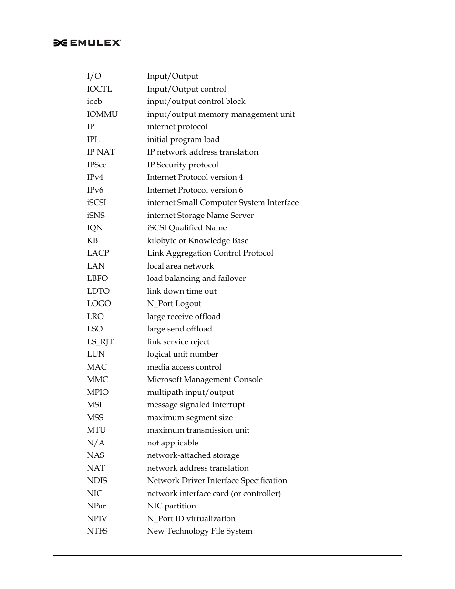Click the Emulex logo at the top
point(87,43)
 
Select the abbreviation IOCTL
point(99,89)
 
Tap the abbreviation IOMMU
point(102,114)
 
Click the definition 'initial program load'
point(183,140)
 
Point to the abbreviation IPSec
point(96,165)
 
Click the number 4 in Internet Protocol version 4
point(241,177)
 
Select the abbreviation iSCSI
point(96,203)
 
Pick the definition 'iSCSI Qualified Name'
point(186,228)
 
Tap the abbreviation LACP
point(98,253)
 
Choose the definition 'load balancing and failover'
point(196,279)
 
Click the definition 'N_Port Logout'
point(174,304)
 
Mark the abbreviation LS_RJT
point(100,342)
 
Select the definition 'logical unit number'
point(182,354)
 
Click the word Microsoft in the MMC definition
point(165,380)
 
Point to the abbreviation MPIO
point(98,393)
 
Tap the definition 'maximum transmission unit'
point(198,430)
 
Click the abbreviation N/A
point(95,443)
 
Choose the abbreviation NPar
point(96,506)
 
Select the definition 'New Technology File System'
point(199,531)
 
